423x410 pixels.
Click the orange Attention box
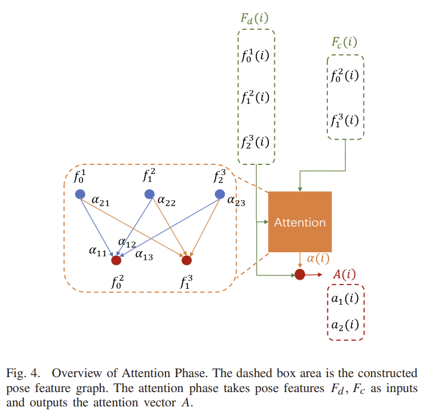click(299, 222)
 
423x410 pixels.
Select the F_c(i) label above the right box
click(345, 42)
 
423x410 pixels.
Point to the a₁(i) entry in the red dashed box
click(345, 299)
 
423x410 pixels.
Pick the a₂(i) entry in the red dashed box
click(345, 325)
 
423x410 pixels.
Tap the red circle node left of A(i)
click(299, 274)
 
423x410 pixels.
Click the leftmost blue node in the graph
click(80, 194)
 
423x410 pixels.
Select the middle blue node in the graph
click(150, 194)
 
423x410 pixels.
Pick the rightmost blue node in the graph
click(220, 194)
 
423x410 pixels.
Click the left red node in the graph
click(116, 260)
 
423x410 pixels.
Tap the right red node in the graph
click(186, 260)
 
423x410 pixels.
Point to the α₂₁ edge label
click(100, 203)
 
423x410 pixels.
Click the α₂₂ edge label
click(167, 203)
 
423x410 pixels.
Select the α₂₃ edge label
click(237, 203)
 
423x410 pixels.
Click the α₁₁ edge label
click(98, 253)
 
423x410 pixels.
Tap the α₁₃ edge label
click(143, 256)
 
